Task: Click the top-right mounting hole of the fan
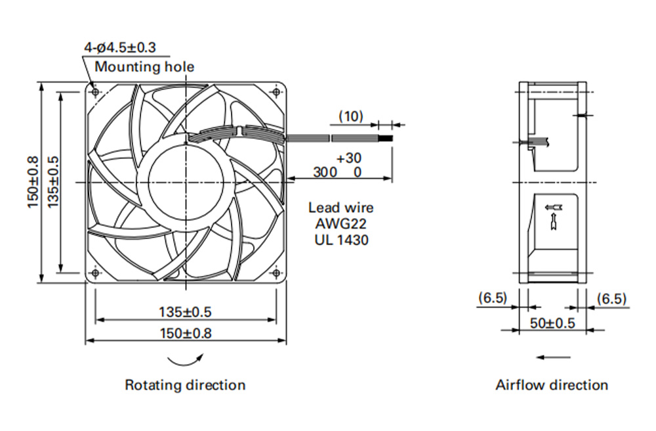(276, 92)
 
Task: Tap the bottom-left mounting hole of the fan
(95, 273)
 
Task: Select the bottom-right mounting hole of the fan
(276, 273)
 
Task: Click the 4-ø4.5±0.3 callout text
(120, 47)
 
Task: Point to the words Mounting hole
(144, 67)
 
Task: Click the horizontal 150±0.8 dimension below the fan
(186, 333)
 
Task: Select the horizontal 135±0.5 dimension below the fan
(185, 312)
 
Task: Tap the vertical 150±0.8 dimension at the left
(33, 182)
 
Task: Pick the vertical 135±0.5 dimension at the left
(53, 182)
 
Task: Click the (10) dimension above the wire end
(350, 116)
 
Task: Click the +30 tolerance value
(349, 158)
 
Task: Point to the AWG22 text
(340, 223)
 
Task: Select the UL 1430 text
(341, 240)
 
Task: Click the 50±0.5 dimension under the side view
(552, 323)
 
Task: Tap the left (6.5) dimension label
(493, 298)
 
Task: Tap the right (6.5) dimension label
(611, 299)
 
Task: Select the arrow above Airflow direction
(553, 357)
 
